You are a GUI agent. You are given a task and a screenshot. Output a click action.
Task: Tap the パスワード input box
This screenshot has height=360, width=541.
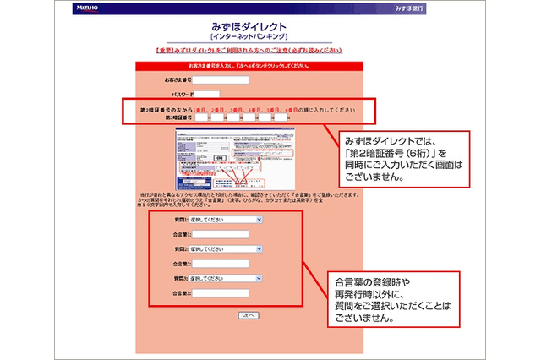(208, 95)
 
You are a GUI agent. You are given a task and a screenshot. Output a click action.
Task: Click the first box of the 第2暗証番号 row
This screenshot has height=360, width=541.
(199, 118)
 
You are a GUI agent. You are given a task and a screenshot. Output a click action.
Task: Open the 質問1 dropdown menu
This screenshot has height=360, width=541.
(226, 220)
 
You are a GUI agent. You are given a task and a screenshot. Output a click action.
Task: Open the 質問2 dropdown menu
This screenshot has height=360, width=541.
(226, 249)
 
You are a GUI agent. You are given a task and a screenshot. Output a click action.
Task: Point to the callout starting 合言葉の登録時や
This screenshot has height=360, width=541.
(392, 298)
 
